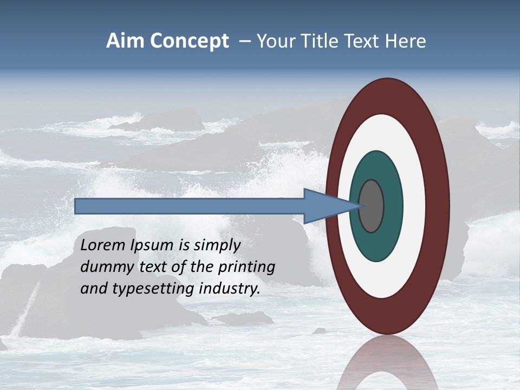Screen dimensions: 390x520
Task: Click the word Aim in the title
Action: (x=125, y=41)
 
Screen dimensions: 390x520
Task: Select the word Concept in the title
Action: (x=189, y=41)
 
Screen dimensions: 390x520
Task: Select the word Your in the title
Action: (x=273, y=41)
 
